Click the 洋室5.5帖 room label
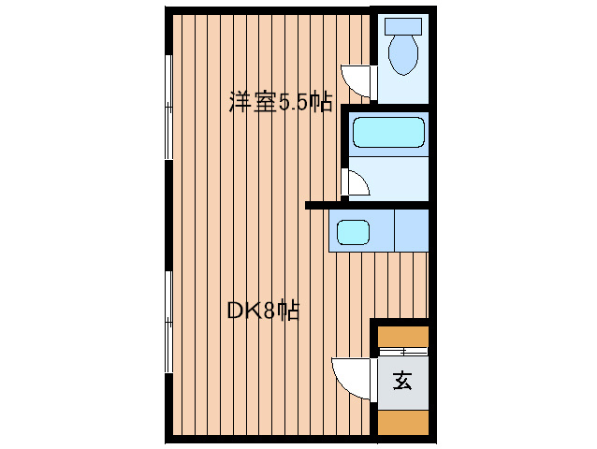coord(281,102)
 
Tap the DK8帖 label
coord(264,311)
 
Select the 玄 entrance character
coord(402,381)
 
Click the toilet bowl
coord(403,54)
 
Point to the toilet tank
coord(403,26)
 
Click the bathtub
coord(388,132)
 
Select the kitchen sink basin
coord(353,233)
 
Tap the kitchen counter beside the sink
coord(412,230)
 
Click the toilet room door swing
coord(356,81)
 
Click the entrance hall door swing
coord(351,378)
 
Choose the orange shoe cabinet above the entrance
coord(403,337)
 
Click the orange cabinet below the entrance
coord(403,423)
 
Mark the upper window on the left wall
coord(168,107)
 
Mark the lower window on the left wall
coord(168,322)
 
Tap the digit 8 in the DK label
coord(269,311)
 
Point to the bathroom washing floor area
coord(388,179)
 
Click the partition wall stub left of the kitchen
coord(317,206)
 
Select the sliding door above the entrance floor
coord(403,352)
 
